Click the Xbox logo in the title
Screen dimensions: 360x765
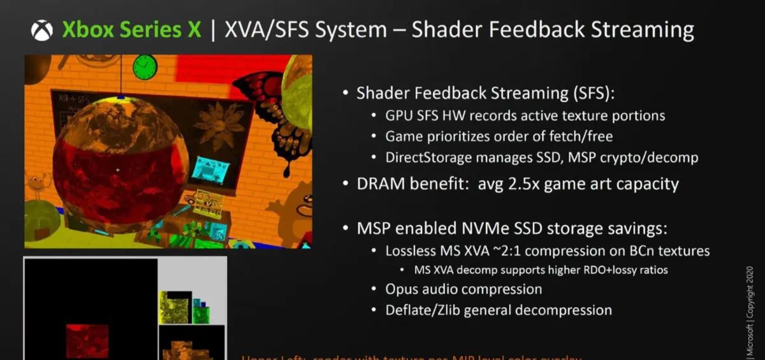point(42,30)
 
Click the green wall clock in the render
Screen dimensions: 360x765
point(145,66)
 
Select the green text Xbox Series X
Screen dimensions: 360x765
point(131,30)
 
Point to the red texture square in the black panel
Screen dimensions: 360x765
point(87,340)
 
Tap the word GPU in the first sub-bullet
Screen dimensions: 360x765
point(398,116)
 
